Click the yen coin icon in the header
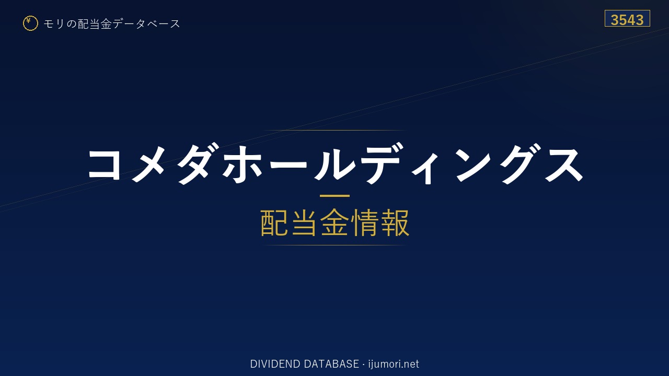point(30,23)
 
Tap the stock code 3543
point(627,20)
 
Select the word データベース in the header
point(146,23)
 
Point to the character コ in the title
point(105,164)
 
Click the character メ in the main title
point(148,164)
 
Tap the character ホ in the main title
point(243,164)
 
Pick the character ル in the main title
point(335,164)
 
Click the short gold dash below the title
point(334,196)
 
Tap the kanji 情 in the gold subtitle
point(365,222)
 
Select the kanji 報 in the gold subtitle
point(395,222)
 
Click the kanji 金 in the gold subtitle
point(334,222)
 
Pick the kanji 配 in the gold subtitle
point(275,222)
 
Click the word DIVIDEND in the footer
point(275,364)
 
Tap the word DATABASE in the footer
point(331,364)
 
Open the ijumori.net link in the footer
point(394,364)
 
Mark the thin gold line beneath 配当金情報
point(334,245)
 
